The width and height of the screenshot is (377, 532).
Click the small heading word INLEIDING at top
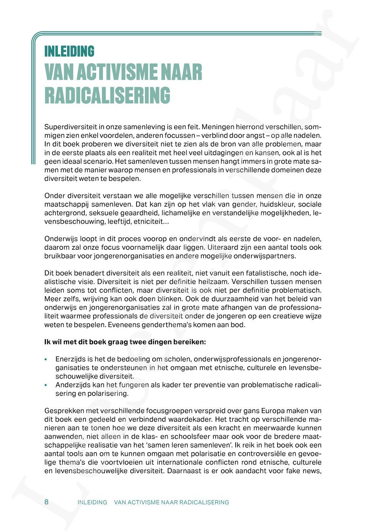69,51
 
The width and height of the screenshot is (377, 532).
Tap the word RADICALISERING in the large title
107,96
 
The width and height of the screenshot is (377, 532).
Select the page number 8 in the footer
46,502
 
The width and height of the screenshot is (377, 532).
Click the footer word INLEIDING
92,502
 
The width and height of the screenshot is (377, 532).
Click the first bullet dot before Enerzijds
46,359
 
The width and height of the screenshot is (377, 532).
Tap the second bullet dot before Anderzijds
46,385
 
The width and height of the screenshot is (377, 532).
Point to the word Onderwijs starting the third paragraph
60,239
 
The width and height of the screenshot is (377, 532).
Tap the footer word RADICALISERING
204,502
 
